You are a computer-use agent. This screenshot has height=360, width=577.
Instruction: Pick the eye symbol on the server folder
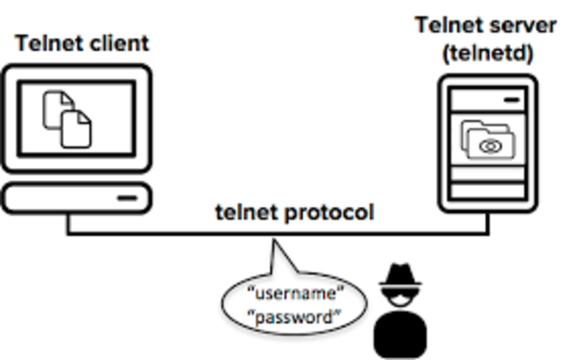tap(492, 145)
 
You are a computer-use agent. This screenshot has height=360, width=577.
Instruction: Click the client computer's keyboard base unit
tap(76, 197)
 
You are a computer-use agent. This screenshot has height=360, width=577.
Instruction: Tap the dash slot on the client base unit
tap(126, 197)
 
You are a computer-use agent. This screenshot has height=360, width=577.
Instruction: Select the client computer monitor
tap(76, 117)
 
